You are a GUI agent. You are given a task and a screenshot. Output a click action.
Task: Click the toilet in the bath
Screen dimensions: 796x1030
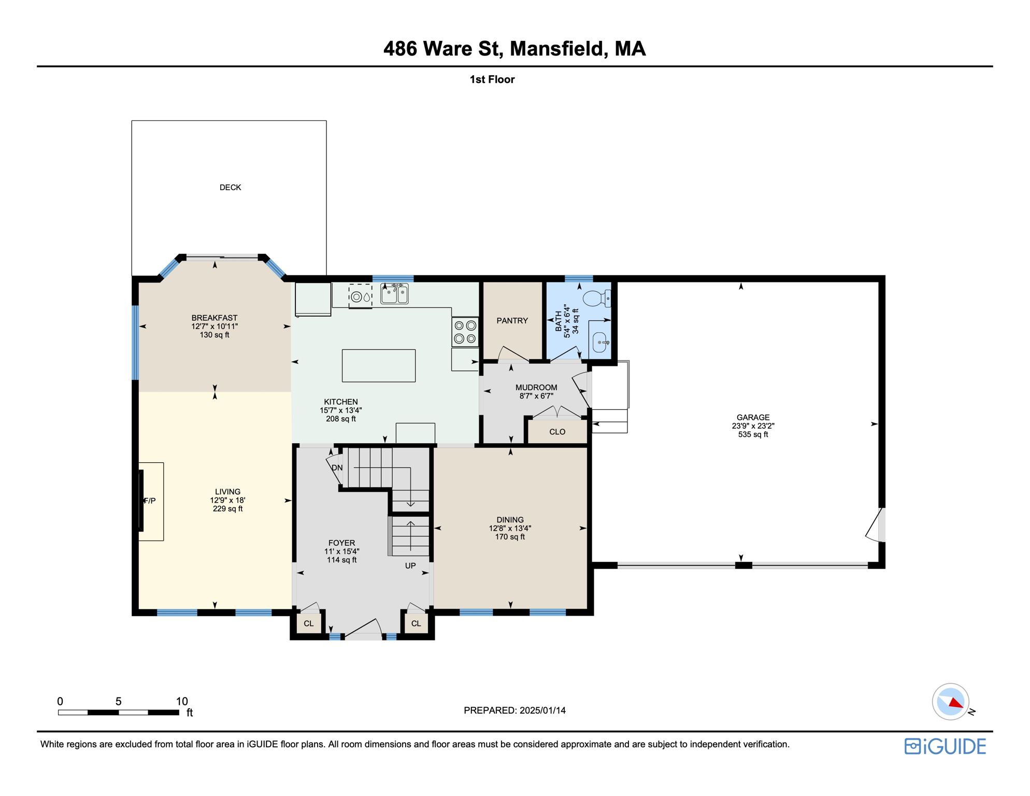[597, 298]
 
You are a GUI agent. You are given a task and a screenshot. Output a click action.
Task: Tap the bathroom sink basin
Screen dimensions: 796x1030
[600, 343]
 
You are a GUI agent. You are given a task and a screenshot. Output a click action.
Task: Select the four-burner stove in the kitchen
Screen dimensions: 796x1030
[465, 332]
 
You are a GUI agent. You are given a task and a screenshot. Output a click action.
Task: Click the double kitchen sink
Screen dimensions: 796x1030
[395, 293]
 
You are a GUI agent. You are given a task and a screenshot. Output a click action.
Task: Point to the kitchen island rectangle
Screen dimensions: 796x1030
[379, 365]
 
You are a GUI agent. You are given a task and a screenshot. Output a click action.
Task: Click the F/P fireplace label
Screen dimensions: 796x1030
[150, 501]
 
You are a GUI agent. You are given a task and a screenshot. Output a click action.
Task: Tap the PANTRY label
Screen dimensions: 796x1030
[512, 321]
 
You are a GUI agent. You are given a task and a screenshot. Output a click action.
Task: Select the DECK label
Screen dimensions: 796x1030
[230, 188]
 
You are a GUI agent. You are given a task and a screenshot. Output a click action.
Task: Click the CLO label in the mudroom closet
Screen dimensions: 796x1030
[557, 432]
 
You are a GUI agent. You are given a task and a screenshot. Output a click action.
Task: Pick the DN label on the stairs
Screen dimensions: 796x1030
[337, 467]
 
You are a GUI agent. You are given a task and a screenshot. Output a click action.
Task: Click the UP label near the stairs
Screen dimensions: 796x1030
[410, 565]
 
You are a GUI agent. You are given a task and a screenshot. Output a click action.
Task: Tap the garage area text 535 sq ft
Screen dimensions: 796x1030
[753, 434]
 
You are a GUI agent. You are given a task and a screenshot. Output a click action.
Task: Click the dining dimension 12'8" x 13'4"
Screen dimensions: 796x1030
[510, 529]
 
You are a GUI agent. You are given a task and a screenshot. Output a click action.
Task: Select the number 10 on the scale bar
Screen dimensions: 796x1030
[182, 701]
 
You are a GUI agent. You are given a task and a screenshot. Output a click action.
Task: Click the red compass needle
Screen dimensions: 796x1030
[956, 703]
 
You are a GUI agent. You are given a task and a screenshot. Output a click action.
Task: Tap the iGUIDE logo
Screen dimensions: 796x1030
[945, 746]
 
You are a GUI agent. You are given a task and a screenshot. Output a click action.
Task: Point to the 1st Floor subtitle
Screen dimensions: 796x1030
[492, 79]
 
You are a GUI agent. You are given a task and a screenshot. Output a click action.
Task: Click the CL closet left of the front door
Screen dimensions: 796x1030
[309, 623]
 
